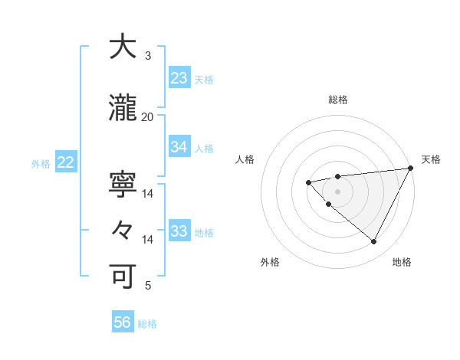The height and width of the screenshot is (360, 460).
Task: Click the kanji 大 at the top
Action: click(x=122, y=47)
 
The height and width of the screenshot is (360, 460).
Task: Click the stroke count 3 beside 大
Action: click(x=147, y=56)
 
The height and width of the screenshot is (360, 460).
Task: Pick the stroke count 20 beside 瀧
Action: click(x=147, y=117)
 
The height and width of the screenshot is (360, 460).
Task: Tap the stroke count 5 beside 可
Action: click(x=147, y=286)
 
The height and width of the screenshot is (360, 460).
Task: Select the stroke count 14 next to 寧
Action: click(x=147, y=194)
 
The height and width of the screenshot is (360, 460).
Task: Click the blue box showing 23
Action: click(x=179, y=78)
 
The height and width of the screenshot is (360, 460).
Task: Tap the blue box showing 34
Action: click(x=179, y=147)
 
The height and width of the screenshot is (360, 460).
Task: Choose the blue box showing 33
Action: click(x=179, y=231)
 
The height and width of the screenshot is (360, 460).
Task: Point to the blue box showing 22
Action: click(x=65, y=162)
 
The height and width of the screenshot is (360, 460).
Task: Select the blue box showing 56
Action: click(x=123, y=323)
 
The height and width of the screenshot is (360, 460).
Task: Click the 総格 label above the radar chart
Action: click(x=337, y=100)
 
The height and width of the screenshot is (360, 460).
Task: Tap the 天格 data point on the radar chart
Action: click(x=411, y=168)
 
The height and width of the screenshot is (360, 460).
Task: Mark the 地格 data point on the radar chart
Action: click(x=373, y=242)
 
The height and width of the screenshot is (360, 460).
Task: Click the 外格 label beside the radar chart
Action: click(x=270, y=262)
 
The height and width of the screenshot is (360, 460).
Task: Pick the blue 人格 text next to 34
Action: click(x=204, y=148)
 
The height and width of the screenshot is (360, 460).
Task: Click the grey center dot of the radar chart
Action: click(x=337, y=191)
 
